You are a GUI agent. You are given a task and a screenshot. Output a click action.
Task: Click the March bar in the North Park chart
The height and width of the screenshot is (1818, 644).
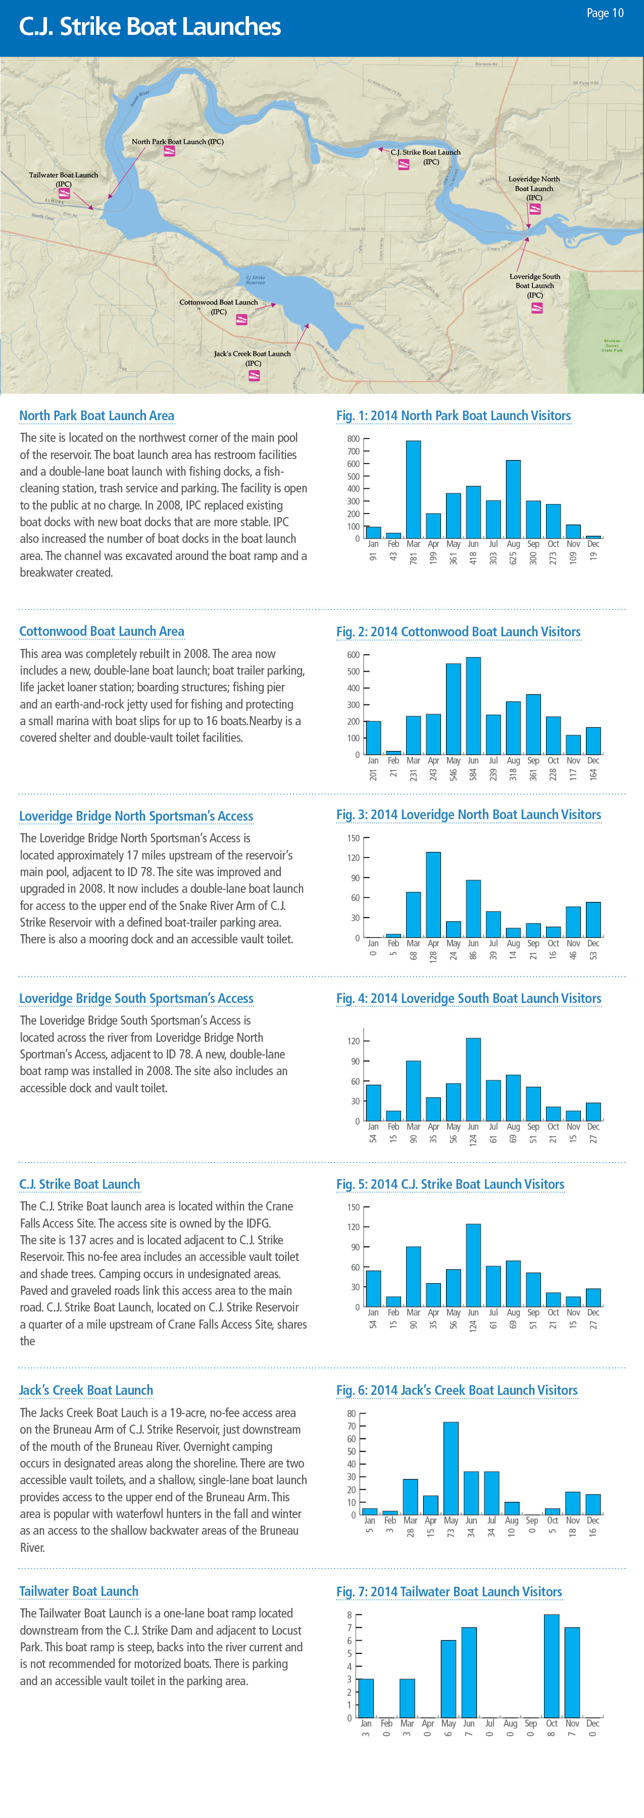click(413, 490)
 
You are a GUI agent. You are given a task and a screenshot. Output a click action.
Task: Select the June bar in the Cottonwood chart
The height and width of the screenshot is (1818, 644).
click(473, 706)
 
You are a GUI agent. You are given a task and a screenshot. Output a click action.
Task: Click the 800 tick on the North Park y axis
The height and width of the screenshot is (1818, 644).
click(353, 439)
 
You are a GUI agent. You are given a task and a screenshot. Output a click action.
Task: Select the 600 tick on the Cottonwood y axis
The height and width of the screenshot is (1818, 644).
click(353, 655)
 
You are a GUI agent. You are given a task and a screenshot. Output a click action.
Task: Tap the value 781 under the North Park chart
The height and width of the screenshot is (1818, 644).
click(414, 558)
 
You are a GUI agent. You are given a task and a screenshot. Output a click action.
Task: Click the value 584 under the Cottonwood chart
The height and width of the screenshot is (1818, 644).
click(473, 774)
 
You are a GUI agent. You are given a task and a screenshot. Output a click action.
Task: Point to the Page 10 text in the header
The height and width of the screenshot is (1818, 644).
click(605, 13)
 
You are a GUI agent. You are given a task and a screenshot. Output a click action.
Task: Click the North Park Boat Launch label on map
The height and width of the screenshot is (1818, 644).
click(177, 142)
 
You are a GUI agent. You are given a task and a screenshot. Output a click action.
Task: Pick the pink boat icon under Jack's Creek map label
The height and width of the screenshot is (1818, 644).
click(254, 375)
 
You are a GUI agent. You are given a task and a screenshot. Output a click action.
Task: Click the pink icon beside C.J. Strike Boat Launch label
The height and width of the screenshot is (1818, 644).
click(404, 165)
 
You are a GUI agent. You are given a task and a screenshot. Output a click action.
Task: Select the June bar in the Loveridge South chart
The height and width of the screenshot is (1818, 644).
click(473, 1079)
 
